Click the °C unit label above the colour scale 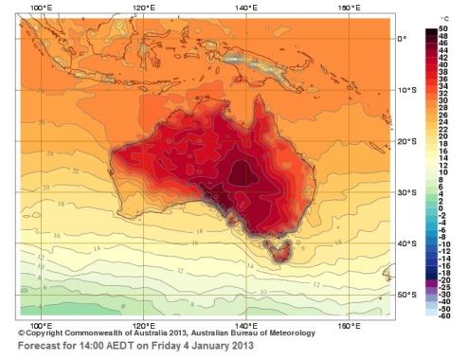(x=444, y=19)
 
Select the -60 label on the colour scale (x=444, y=315)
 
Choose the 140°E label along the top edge (x=245, y=9)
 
